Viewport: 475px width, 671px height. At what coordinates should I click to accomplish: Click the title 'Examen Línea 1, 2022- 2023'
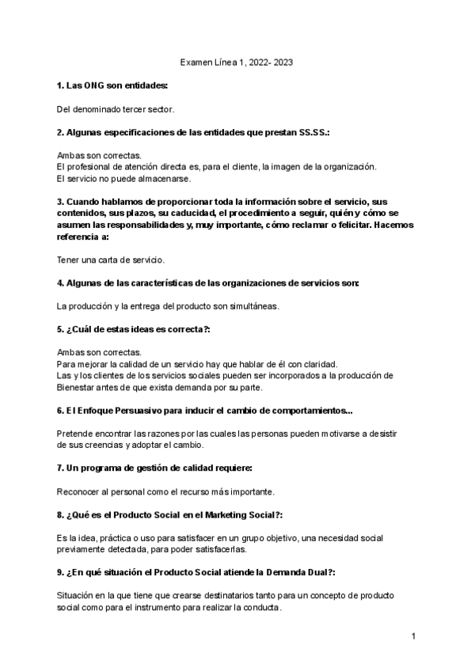pyautogui.click(x=237, y=62)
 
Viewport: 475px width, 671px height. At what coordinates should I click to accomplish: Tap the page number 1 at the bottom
pyautogui.click(x=413, y=635)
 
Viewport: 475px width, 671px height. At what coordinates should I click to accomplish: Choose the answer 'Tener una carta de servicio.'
pyautogui.click(x=111, y=259)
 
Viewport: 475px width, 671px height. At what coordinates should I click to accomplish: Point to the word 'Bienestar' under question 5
pyautogui.click(x=79, y=387)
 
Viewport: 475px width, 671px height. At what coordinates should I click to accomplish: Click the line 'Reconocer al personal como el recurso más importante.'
pyautogui.click(x=166, y=492)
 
